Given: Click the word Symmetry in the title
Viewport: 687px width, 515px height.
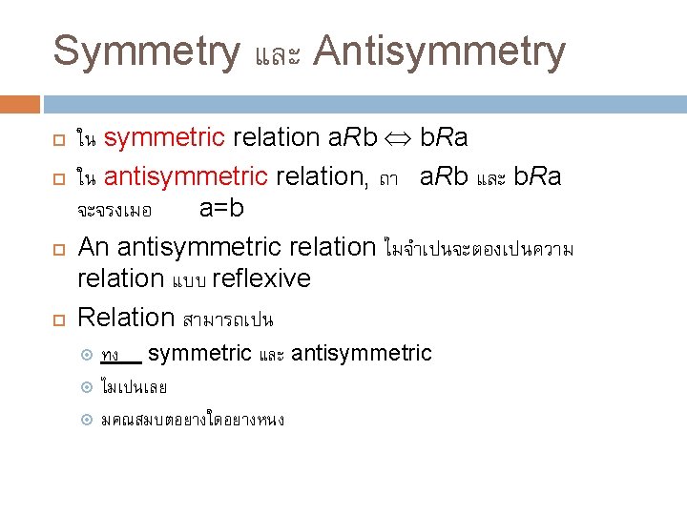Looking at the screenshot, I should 146,51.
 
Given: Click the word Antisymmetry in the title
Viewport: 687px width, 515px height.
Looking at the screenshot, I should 439,51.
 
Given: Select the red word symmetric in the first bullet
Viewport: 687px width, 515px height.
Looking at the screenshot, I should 164,138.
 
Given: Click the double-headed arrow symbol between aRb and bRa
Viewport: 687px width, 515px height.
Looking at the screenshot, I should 396,139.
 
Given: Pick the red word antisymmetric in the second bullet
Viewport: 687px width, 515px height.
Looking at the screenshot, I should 186,176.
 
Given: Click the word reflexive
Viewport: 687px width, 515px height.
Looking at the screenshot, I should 261,278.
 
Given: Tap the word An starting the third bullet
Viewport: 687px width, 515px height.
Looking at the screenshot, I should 94,247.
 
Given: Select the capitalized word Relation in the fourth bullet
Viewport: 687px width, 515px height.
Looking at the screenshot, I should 126,317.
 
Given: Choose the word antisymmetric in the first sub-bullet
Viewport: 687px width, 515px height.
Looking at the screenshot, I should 362,354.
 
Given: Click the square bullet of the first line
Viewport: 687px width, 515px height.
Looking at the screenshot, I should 58,140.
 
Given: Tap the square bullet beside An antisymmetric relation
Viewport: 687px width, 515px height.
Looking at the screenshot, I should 58,249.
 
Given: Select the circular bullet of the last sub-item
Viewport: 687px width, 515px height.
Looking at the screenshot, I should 86,420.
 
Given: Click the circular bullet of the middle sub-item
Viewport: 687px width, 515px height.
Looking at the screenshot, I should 86,387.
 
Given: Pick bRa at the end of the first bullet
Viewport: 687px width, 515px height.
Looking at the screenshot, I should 445,138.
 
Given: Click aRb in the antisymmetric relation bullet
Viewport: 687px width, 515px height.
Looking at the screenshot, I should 444,176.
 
